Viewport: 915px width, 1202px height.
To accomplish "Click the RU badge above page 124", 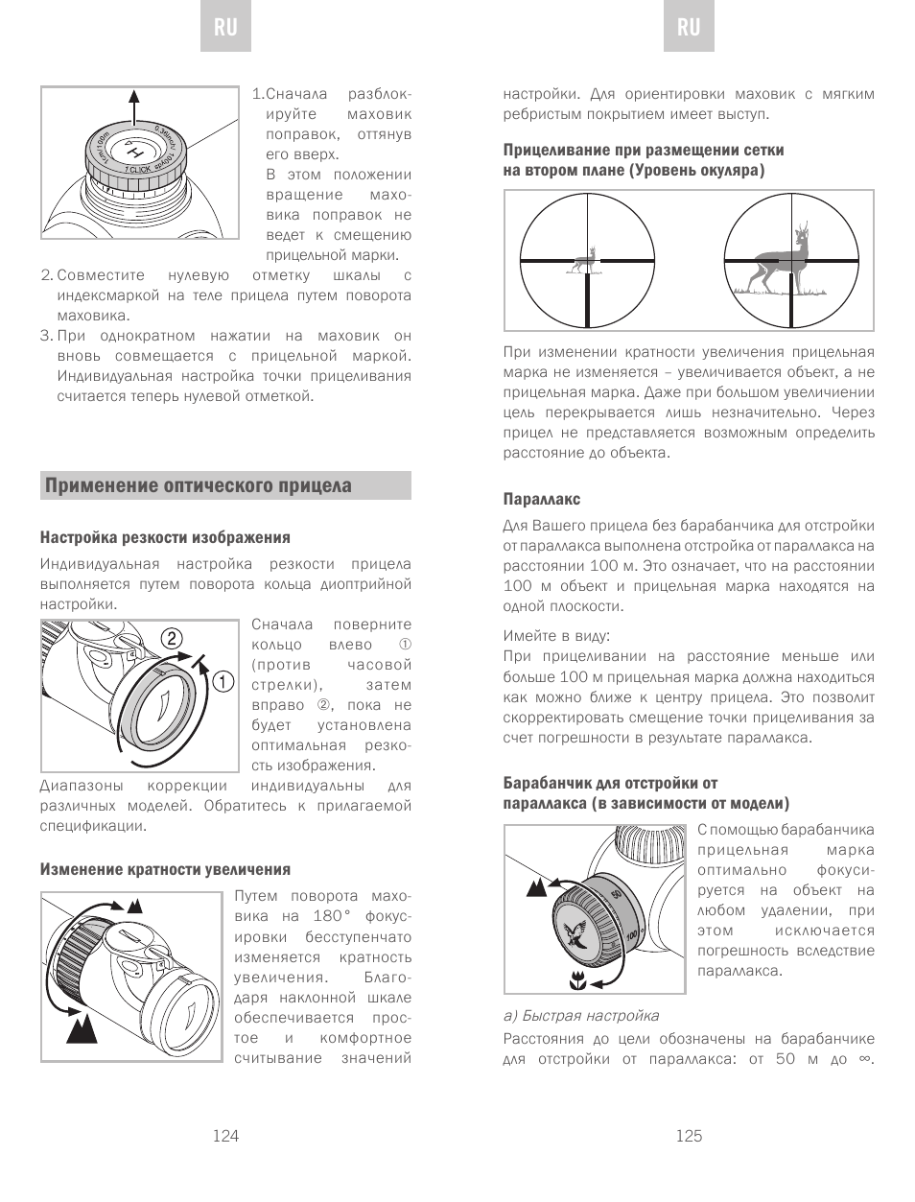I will point(225,27).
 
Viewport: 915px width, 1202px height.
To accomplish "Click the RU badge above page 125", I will point(689,27).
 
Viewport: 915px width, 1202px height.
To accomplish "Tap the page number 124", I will point(225,1136).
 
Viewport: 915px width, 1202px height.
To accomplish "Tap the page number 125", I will point(689,1136).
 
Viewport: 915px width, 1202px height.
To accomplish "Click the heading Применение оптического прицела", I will point(199,485).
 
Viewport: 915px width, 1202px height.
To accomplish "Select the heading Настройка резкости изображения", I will point(165,537).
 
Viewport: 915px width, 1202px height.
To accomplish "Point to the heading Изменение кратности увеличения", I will point(165,869).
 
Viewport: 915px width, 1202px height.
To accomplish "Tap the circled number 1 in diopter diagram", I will point(223,682).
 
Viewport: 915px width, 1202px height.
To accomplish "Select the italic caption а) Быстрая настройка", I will point(581,1015).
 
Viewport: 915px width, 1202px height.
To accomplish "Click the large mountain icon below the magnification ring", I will point(82,1030).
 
